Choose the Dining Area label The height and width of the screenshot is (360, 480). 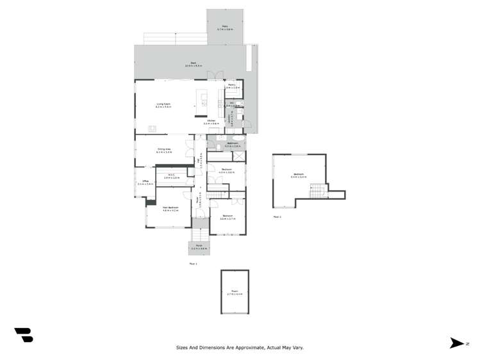(163, 151)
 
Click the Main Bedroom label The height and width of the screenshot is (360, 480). (170, 208)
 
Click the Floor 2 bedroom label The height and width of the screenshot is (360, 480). (299, 176)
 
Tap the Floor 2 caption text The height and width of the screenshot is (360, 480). (277, 217)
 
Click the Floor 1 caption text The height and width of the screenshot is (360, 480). (193, 263)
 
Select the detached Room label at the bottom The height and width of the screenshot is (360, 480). (235, 293)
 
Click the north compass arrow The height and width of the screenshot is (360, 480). (457, 343)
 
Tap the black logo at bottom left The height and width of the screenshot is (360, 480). (24, 335)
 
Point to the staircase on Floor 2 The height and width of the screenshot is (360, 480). (316, 191)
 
